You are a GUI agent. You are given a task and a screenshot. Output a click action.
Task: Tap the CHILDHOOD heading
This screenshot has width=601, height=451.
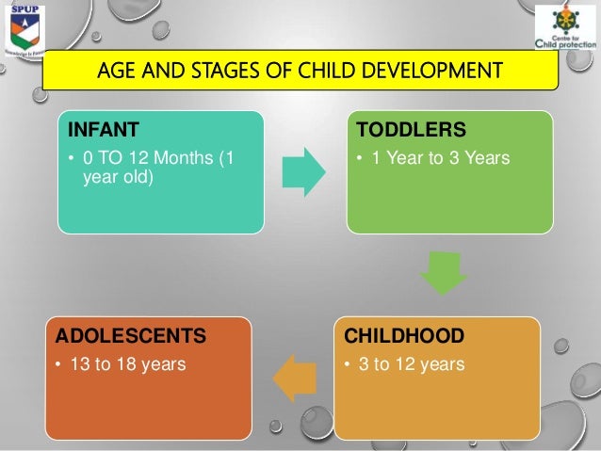pos(403,336)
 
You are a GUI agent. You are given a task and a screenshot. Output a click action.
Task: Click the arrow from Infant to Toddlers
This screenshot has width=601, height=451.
pos(303,171)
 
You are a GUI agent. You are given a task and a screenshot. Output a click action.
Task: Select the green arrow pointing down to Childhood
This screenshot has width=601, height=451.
pos(443,274)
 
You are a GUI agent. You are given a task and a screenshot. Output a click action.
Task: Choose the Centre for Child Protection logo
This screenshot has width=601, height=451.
pos(564,29)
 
